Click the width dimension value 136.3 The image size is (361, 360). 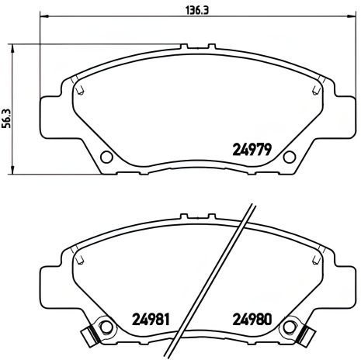click(182, 9)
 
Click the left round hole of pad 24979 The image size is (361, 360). click(103, 157)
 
